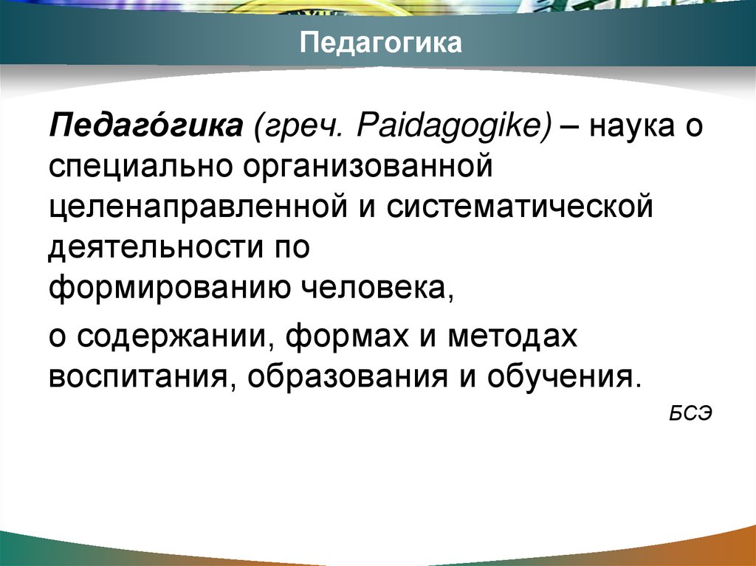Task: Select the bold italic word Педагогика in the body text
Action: tap(147, 124)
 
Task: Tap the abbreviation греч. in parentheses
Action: tap(295, 124)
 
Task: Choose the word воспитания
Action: tap(136, 376)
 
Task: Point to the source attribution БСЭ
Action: tap(690, 413)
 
